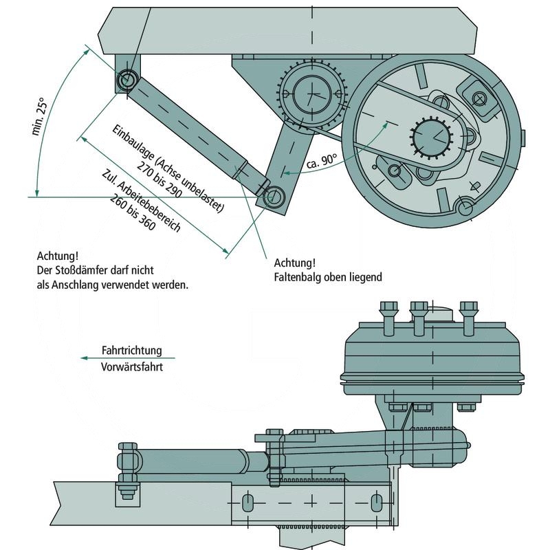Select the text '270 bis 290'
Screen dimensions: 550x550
coord(159,179)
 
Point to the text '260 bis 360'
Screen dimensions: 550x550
coord(136,212)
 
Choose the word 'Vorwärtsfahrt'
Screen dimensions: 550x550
coord(131,366)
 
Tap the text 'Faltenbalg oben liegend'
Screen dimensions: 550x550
coord(327,277)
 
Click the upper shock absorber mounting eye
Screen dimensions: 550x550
coord(126,80)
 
